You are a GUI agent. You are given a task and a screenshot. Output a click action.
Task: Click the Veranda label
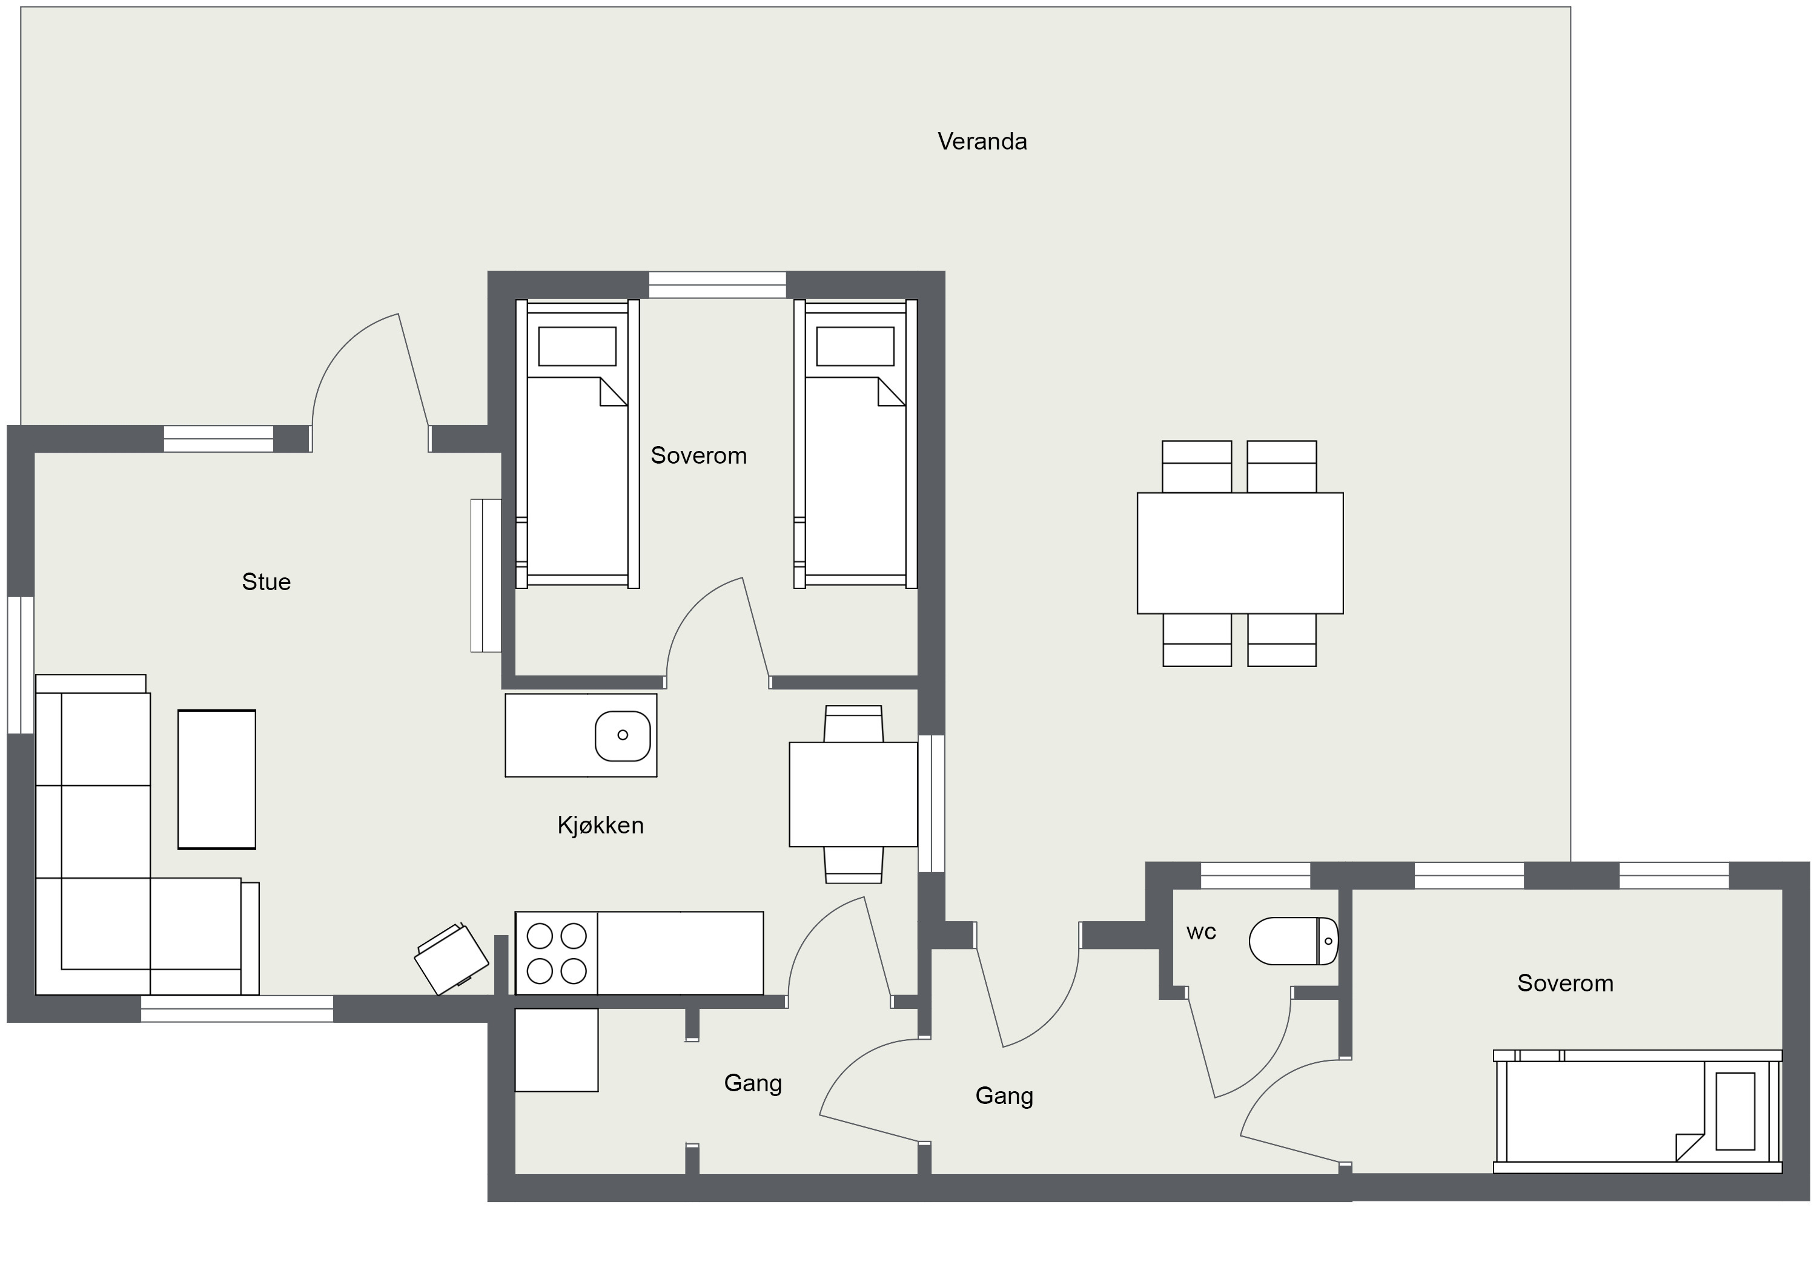tap(982, 142)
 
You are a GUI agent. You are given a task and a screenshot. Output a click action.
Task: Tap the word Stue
tap(266, 582)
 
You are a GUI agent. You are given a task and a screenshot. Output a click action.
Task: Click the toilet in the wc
tap(1293, 941)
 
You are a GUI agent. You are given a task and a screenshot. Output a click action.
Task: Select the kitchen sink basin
tap(623, 735)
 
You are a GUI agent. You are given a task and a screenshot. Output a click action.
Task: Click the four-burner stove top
tap(557, 953)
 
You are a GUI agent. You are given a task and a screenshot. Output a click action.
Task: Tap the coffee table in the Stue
tap(217, 779)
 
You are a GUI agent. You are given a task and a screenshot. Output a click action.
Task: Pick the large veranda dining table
tap(1240, 553)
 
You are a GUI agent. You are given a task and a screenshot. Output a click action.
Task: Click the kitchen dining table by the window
tap(853, 794)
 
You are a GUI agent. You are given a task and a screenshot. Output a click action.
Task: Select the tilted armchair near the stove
tap(451, 959)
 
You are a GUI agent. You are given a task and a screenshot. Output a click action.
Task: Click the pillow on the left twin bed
tap(577, 346)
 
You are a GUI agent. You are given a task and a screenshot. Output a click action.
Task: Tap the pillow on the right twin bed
tap(855, 346)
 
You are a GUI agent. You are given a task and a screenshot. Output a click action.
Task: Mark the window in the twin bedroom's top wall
tap(718, 284)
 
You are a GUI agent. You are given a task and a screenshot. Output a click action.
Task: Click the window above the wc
tap(1256, 876)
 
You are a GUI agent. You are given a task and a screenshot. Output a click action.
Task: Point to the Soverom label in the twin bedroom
tap(699, 456)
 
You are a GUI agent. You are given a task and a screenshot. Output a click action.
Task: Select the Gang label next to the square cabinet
tap(753, 1083)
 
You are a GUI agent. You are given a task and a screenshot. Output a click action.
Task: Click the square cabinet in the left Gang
tap(557, 1049)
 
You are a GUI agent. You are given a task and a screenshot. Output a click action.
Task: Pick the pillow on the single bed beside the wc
tap(1735, 1111)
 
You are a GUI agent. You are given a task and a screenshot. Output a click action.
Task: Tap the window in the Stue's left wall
tap(21, 665)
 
